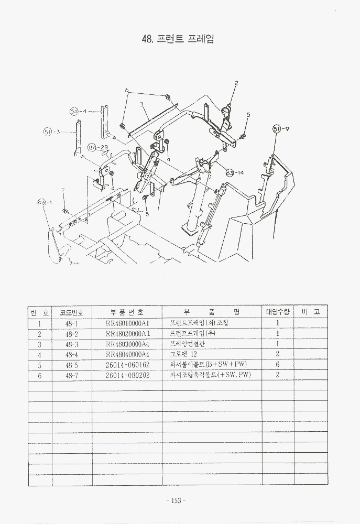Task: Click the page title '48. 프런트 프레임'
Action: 178,39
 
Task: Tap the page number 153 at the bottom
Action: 176,500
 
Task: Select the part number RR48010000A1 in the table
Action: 127,323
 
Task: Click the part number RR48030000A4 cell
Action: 127,344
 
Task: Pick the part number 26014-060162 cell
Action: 127,365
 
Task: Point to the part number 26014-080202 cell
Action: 127,375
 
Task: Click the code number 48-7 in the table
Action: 72,375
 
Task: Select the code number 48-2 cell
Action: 72,334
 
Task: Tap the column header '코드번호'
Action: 72,312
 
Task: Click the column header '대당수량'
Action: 277,312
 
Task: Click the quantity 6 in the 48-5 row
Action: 277,365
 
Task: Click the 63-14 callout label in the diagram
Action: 235,172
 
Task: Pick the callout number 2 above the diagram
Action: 236,83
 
